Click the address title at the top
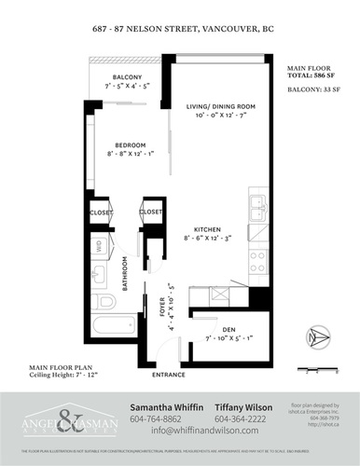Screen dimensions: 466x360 (x=179, y=28)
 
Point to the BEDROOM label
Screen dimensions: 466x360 (x=130, y=145)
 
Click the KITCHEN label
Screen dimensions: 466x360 (x=206, y=229)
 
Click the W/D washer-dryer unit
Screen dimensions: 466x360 (x=100, y=246)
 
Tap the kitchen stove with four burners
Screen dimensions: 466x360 (x=258, y=263)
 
